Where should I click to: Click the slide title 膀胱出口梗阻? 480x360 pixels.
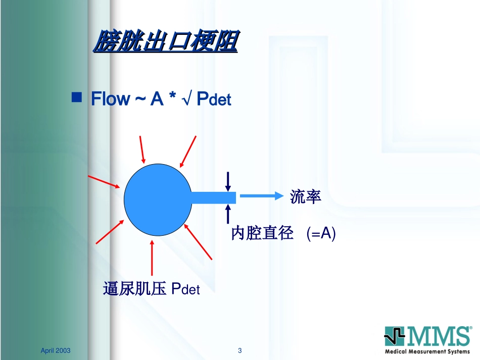point(165,41)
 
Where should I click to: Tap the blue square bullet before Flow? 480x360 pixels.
point(76,97)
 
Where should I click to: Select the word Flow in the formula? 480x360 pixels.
point(111,99)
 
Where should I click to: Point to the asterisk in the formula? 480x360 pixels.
point(172,95)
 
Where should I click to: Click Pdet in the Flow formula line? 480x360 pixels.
point(214,99)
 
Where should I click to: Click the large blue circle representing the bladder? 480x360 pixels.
point(158,199)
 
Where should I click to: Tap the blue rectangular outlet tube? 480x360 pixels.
point(214,197)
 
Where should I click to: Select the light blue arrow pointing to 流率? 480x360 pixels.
point(262,196)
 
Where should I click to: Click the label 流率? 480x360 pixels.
point(305,196)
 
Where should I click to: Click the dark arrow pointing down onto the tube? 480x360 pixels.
point(228,182)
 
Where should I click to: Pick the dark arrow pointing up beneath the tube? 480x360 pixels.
point(228,214)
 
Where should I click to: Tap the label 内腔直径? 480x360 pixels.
point(262,233)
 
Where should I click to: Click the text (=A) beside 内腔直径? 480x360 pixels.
point(321,233)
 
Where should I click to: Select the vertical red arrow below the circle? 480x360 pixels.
point(152,258)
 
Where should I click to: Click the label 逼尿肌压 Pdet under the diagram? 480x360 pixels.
point(151,288)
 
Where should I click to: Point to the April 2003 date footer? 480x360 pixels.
point(56,350)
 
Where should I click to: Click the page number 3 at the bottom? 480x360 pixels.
point(239,350)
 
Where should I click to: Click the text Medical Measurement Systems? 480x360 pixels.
point(427,351)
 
